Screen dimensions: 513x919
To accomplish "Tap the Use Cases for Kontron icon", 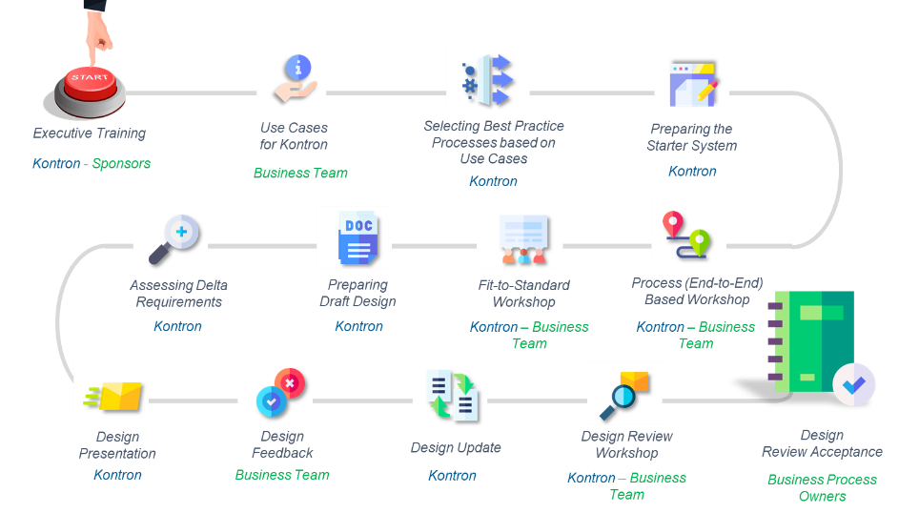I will [x=292, y=68].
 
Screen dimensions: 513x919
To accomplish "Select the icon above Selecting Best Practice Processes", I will [x=488, y=74].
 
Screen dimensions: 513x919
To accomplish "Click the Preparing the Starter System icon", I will [x=691, y=77].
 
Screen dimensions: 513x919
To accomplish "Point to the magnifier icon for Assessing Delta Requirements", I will [x=171, y=236].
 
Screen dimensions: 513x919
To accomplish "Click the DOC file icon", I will [x=354, y=237].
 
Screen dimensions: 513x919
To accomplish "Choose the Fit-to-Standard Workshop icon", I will [x=520, y=244].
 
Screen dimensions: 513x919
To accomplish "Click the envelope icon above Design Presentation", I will [x=112, y=386].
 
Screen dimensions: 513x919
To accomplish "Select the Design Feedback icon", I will [x=275, y=390].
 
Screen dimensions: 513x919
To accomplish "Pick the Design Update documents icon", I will [x=450, y=390].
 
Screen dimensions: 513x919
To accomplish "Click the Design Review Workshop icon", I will [x=624, y=393].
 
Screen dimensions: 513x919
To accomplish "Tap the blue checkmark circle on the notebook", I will [x=853, y=383].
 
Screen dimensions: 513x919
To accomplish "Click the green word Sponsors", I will [x=121, y=163].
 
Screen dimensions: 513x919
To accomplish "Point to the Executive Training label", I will [x=90, y=133].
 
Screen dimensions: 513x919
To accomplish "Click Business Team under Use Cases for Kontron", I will [x=300, y=173].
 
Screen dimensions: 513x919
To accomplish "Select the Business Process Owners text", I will [x=822, y=487].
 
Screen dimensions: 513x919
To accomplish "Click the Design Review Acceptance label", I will [x=822, y=443].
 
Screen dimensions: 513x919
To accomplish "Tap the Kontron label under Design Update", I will [x=452, y=475].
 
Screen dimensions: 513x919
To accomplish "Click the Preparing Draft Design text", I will [x=357, y=293].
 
